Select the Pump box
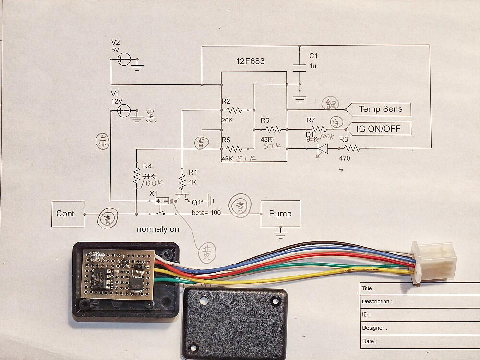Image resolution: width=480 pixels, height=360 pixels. [280, 214]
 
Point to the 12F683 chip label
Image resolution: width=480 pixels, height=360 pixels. [250, 61]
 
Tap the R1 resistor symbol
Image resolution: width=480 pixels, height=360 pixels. [182, 181]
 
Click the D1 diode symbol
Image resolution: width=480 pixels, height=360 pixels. [323, 149]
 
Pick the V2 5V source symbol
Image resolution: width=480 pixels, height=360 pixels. [123, 60]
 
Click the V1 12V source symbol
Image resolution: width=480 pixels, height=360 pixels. [123, 111]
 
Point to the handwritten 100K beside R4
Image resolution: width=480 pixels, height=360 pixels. [152, 184]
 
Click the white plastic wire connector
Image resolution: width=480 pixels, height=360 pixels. [433, 262]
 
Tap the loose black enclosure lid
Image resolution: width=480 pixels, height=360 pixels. [235, 322]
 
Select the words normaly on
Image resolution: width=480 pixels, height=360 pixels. [158, 229]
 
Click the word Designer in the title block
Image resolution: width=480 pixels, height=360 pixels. [374, 328]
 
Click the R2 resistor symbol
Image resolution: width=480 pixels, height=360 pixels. [235, 110]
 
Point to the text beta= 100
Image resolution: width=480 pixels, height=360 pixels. [206, 212]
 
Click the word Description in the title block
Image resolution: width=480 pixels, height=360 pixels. [377, 302]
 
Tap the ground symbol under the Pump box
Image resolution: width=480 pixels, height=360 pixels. [280, 234]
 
